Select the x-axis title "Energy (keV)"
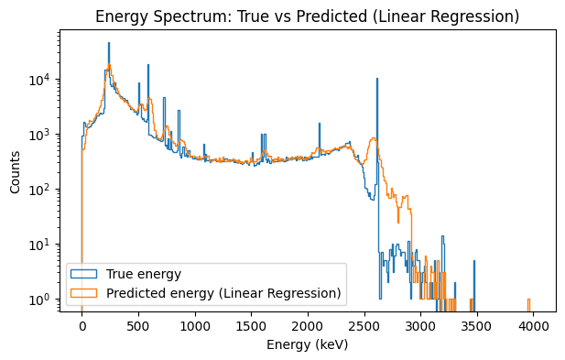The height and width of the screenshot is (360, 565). pyautogui.click(x=308, y=345)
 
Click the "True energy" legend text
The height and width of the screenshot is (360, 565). pyautogui.click(x=144, y=274)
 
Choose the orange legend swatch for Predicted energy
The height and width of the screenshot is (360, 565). pyautogui.click(x=85, y=293)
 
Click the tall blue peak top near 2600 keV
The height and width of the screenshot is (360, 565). pyautogui.click(x=377, y=80)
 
